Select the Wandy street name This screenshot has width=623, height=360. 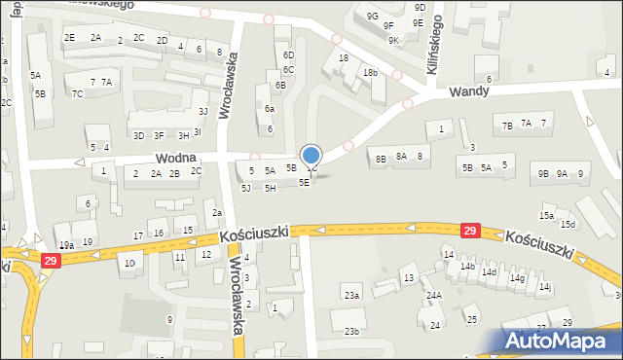(x=469, y=91)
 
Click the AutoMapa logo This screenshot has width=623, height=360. (x=562, y=341)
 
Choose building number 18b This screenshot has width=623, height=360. (x=370, y=73)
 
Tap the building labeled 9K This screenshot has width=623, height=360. (x=393, y=41)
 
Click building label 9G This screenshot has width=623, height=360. (x=372, y=16)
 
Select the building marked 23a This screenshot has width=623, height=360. (x=351, y=295)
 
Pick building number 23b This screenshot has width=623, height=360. (x=351, y=332)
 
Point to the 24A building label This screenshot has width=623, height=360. (x=434, y=295)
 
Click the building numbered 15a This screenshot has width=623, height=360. (x=547, y=216)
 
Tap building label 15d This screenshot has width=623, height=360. (x=568, y=226)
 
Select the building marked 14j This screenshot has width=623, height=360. (x=546, y=287)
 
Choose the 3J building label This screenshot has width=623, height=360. (x=202, y=110)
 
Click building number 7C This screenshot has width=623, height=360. (x=77, y=94)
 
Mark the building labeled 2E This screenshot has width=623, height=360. (x=69, y=37)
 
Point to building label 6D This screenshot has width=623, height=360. (x=288, y=55)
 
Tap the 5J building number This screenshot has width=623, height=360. (x=246, y=188)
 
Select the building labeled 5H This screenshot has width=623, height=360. (x=270, y=188)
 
